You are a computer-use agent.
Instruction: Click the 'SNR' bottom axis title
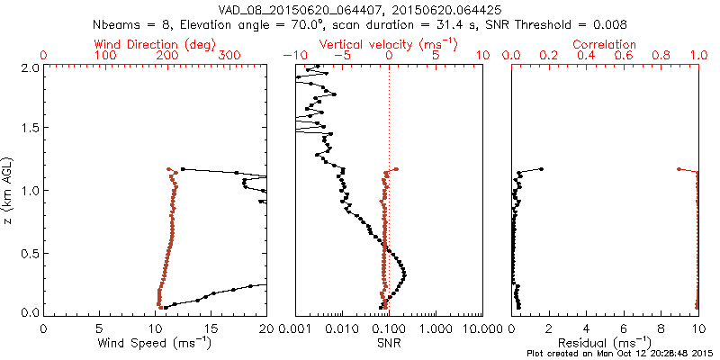point(389,342)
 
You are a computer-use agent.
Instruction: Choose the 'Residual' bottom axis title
point(606,342)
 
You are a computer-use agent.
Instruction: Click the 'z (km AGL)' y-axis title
point(10,188)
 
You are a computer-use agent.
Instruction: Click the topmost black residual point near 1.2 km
point(541,169)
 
